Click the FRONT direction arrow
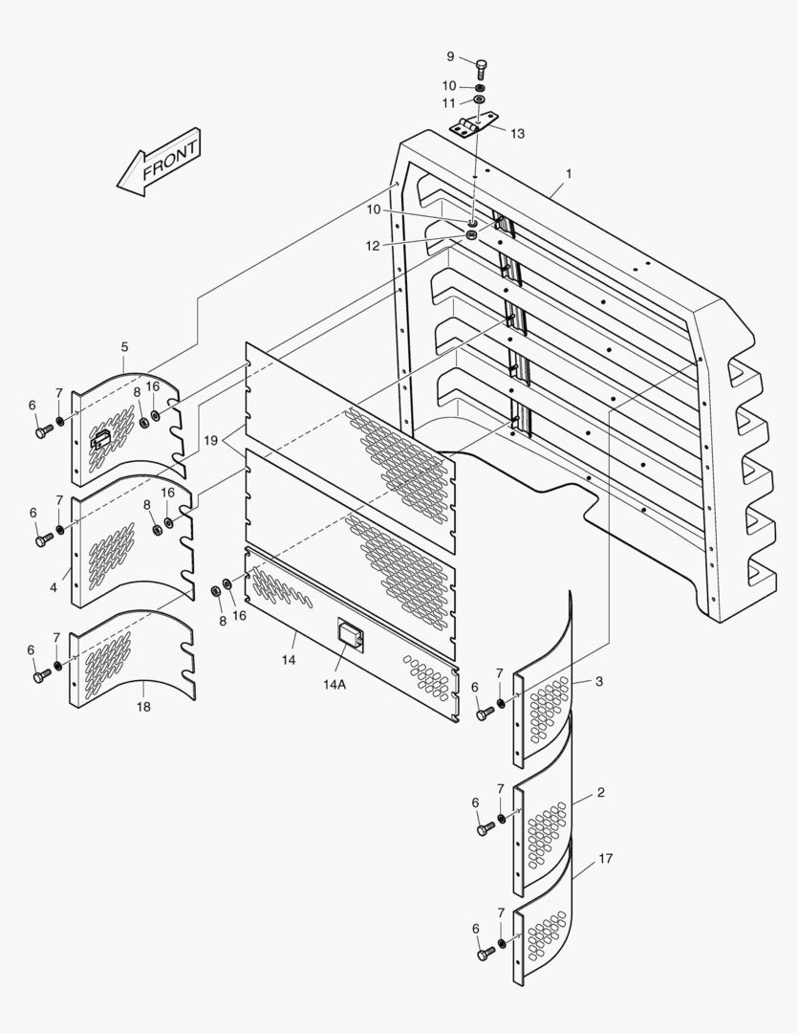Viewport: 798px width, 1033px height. coord(158,163)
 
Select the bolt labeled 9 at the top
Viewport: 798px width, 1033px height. coord(482,68)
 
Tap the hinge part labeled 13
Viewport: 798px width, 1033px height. coord(473,123)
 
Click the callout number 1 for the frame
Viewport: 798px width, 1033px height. coord(569,174)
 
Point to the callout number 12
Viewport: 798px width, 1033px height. coord(373,246)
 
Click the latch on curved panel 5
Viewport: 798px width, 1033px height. coord(99,439)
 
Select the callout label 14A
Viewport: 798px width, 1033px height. coord(334,685)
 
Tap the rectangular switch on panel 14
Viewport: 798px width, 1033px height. coord(351,634)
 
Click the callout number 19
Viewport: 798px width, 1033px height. coord(210,440)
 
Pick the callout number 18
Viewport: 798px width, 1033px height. coord(143,707)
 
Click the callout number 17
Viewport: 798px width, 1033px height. coord(606,858)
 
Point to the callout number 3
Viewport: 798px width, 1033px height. coord(599,681)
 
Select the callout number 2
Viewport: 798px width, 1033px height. coord(600,793)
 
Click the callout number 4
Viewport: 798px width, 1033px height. coord(54,587)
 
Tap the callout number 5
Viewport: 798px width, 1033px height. coord(124,346)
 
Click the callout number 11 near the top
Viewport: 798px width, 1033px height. coord(448,103)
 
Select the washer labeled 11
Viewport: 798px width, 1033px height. coord(480,100)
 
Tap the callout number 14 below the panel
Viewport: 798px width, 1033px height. coord(289,659)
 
